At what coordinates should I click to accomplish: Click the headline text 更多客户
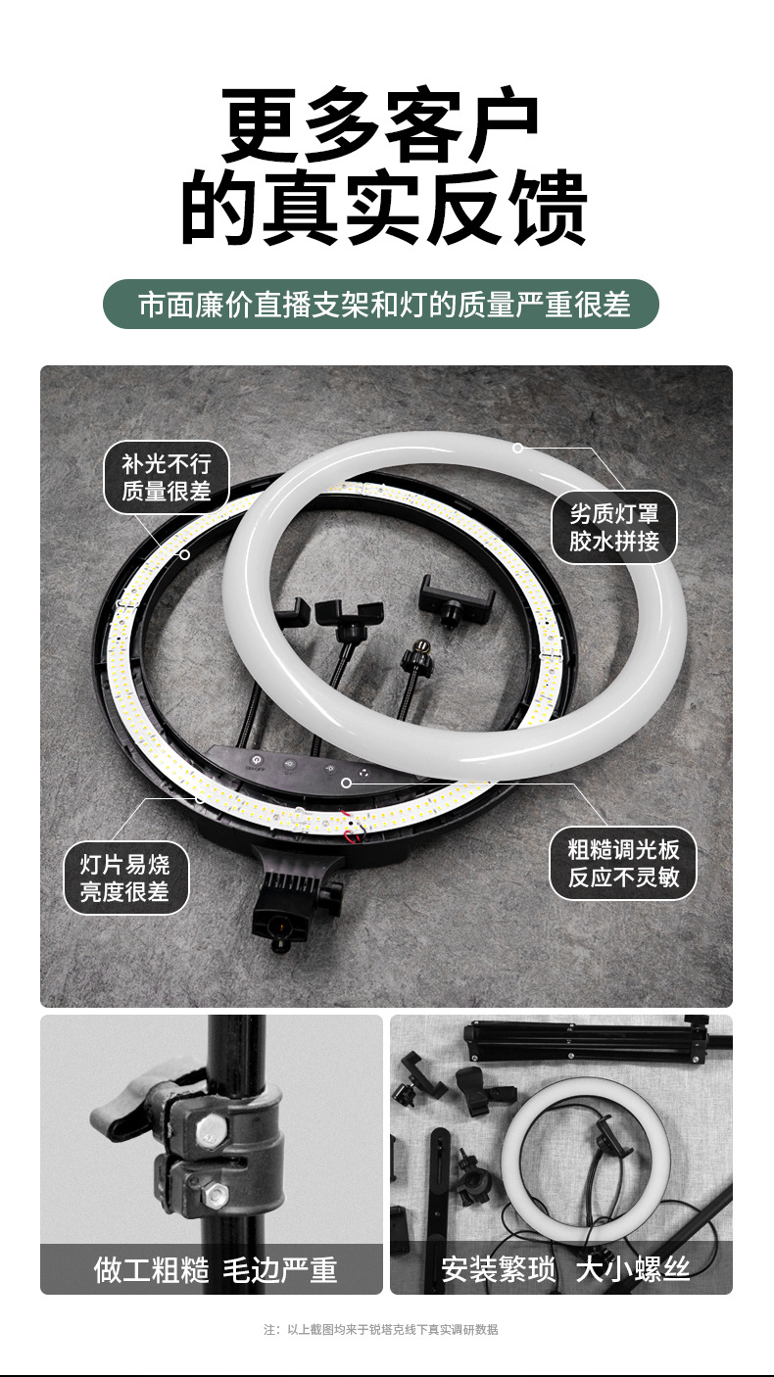(x=382, y=125)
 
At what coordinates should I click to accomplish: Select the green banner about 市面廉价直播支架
(x=381, y=304)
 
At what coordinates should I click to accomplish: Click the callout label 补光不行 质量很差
(x=167, y=477)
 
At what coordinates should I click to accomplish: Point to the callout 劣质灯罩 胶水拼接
(x=614, y=527)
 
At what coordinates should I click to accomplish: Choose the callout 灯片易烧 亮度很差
(x=124, y=878)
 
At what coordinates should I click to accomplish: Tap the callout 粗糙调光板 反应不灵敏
(x=623, y=863)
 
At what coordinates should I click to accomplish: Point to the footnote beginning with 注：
(x=381, y=1329)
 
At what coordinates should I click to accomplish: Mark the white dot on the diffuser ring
(x=518, y=448)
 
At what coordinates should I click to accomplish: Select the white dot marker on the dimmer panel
(x=346, y=783)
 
